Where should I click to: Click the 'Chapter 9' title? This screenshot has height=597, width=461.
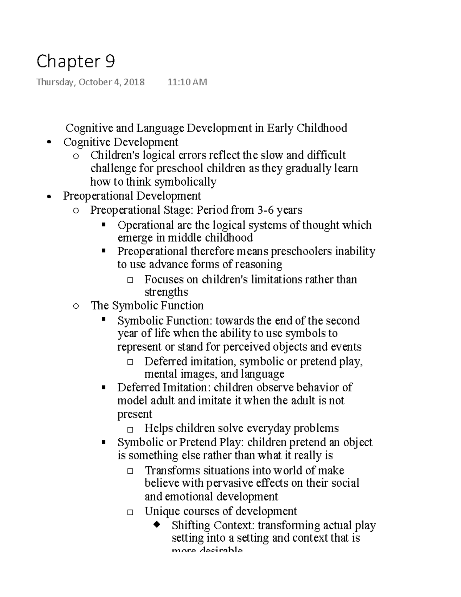[75, 62]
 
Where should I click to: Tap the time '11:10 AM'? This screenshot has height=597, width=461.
[187, 82]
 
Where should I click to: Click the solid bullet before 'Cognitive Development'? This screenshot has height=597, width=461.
[48, 143]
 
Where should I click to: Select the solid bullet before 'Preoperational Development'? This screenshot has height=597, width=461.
[48, 196]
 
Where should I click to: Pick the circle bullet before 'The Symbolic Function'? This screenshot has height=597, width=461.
[76, 306]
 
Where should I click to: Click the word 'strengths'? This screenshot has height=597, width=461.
[166, 292]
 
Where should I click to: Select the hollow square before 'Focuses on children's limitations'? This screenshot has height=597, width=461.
[130, 280]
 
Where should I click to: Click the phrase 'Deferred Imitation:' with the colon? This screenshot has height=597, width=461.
[164, 387]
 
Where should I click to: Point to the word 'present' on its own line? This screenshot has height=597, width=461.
[134, 414]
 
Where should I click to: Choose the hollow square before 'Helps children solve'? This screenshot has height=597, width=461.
[130, 429]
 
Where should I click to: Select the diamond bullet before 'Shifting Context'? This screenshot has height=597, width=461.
[157, 525]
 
